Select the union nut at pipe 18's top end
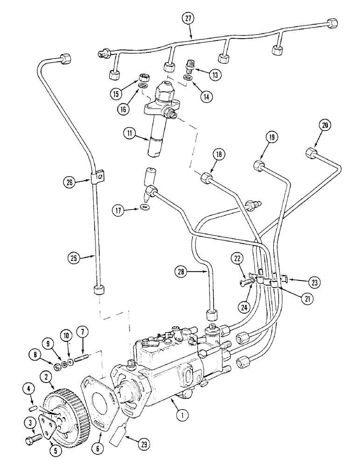(x=206, y=178)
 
